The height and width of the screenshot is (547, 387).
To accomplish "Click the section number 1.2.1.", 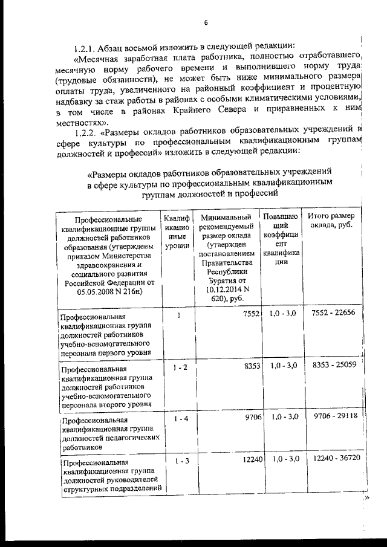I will click(x=83, y=46).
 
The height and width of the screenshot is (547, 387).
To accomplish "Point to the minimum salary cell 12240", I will click(x=249, y=460).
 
